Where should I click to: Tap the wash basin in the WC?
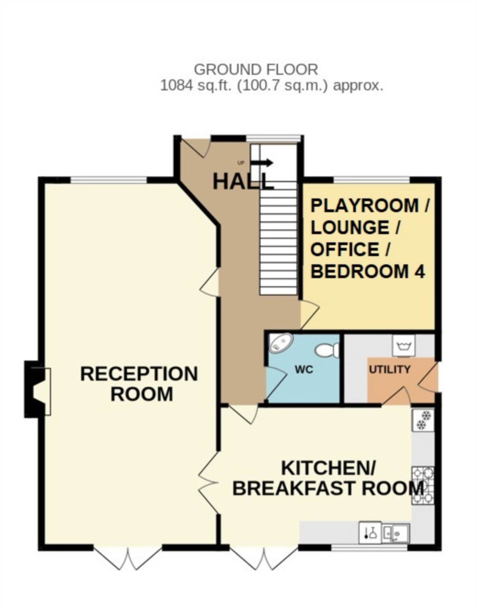point(281,343)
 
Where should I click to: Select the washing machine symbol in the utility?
point(404,345)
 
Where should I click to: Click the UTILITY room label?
point(390,370)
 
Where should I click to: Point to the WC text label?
point(304,370)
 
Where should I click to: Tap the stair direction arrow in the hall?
point(262,163)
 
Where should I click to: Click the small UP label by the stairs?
point(241,163)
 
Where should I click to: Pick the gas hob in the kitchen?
point(423,486)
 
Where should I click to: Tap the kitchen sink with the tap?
point(395,533)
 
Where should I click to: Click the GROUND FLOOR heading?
point(256,70)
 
